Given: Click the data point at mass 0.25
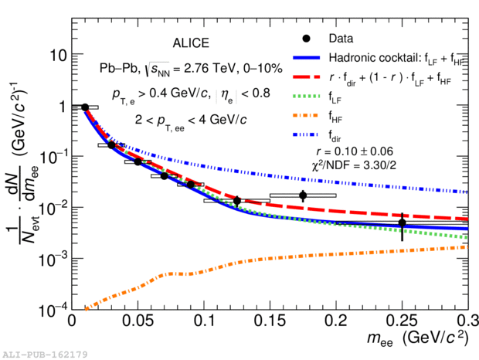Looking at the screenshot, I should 402,223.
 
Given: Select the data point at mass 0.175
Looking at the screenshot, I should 303,195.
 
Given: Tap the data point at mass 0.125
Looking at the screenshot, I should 237,201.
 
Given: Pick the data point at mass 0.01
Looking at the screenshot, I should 85,107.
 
